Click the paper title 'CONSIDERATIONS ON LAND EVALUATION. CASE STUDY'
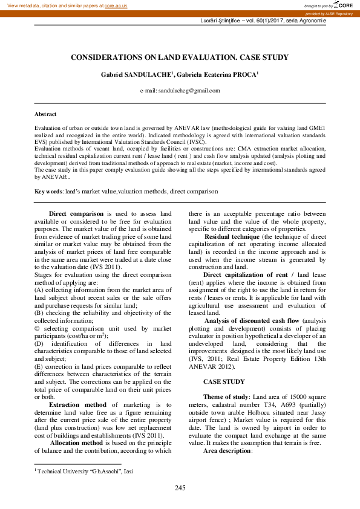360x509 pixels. (x=180, y=57)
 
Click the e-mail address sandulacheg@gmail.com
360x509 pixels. (x=188, y=91)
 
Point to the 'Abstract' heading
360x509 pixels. (x=45, y=114)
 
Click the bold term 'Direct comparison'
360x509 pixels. (x=76, y=214)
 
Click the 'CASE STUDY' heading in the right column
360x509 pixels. (x=224, y=381)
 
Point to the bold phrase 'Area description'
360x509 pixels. (x=226, y=451)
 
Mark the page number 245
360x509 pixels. (x=180, y=488)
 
